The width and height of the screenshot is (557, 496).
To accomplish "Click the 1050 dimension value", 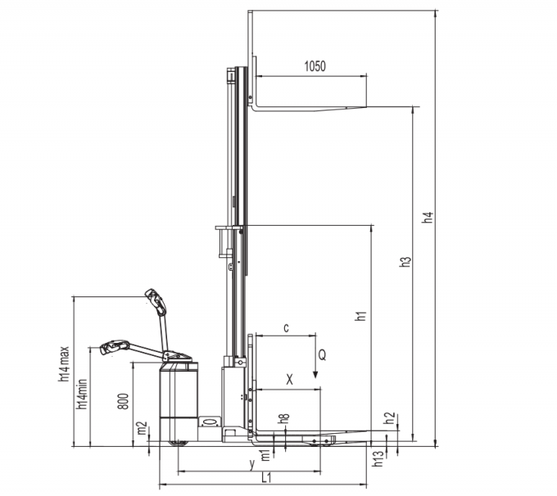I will (315, 67).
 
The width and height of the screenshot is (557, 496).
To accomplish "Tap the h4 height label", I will (426, 219).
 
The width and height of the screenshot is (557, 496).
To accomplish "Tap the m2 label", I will (142, 429).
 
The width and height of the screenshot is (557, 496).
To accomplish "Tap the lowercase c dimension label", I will (285, 327).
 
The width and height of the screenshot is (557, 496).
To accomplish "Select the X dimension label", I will (288, 380).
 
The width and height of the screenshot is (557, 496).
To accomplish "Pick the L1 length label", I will (266, 477).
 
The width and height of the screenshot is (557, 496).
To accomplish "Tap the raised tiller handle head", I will (156, 301).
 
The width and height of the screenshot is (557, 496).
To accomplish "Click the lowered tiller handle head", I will (114, 347).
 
